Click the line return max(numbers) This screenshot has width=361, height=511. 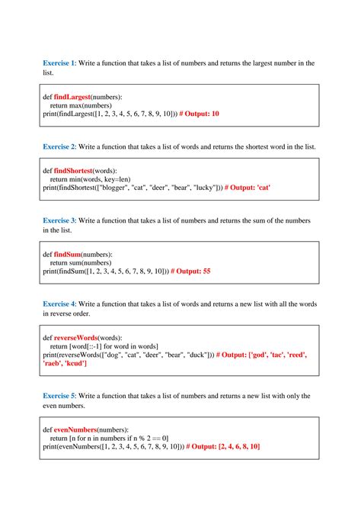pyautogui.click(x=80, y=105)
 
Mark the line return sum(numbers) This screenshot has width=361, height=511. pyautogui.click(x=80, y=262)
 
